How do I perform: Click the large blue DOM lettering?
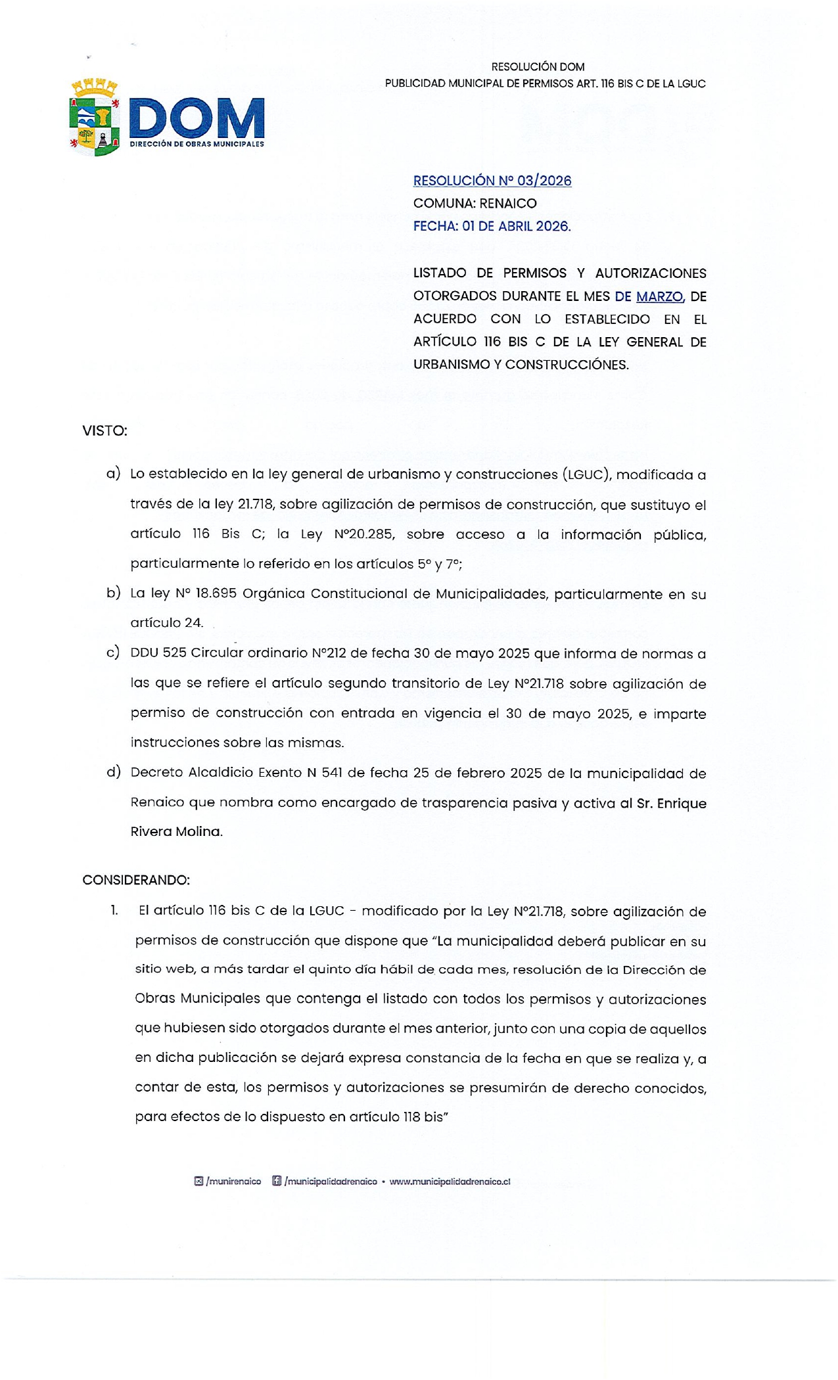tap(197, 118)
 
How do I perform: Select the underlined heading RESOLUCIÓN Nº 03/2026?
tap(492, 181)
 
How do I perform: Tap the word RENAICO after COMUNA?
tap(508, 204)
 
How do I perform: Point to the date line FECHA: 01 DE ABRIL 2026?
tap(492, 226)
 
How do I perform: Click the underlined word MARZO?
tap(659, 296)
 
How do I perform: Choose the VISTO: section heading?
tap(105, 431)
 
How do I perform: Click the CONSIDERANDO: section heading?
tap(136, 880)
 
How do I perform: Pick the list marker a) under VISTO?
tap(113, 474)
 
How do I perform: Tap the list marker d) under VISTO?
tap(113, 772)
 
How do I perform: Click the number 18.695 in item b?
tap(216, 593)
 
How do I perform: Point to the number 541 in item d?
tap(332, 773)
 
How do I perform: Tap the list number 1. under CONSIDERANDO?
tap(114, 910)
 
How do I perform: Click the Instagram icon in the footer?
tap(198, 1181)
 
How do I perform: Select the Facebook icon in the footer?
tap(277, 1181)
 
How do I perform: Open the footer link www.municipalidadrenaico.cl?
tap(450, 1182)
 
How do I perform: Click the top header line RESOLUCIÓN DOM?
tap(538, 67)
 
